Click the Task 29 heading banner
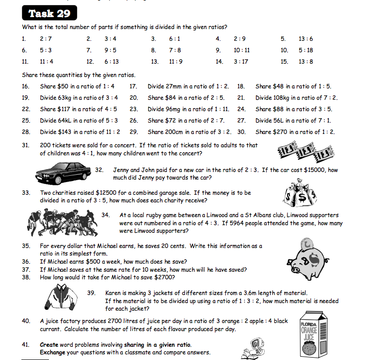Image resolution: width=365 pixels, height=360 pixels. tap(49, 13)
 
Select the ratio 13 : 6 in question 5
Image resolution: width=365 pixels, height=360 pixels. tap(306, 39)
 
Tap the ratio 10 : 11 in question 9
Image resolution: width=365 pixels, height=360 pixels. tap(241, 50)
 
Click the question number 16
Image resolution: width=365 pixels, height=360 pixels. tap(26, 86)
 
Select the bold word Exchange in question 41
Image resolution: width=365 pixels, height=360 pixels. tap(52, 352)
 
